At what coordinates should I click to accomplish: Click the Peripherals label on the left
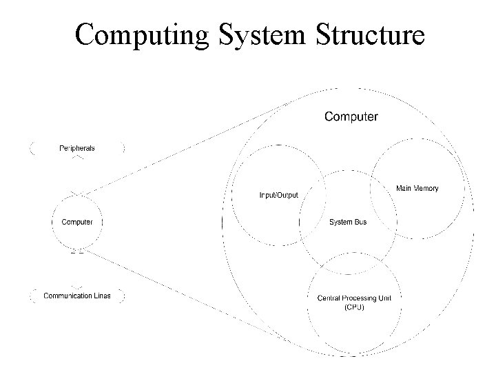(x=76, y=148)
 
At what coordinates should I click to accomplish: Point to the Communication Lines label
(x=77, y=296)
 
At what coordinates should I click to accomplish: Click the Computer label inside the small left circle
(x=77, y=222)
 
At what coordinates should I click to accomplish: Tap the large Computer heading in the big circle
(x=351, y=116)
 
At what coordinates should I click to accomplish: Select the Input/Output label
(x=278, y=195)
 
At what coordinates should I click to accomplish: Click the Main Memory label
(x=417, y=188)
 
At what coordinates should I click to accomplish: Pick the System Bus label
(x=348, y=222)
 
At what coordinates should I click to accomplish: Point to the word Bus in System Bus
(x=360, y=222)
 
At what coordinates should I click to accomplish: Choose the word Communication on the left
(x=66, y=296)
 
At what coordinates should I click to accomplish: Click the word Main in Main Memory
(x=404, y=188)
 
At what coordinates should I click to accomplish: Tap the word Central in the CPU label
(x=327, y=298)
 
